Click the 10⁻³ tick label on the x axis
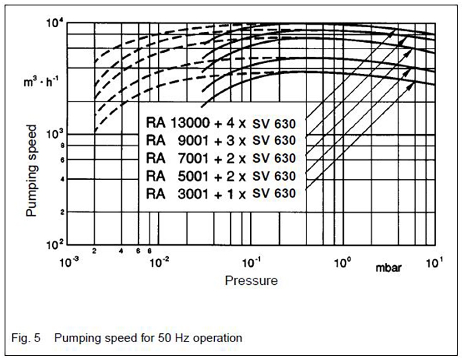(68, 262)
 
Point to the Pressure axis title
(251, 281)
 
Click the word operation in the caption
(214, 335)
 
